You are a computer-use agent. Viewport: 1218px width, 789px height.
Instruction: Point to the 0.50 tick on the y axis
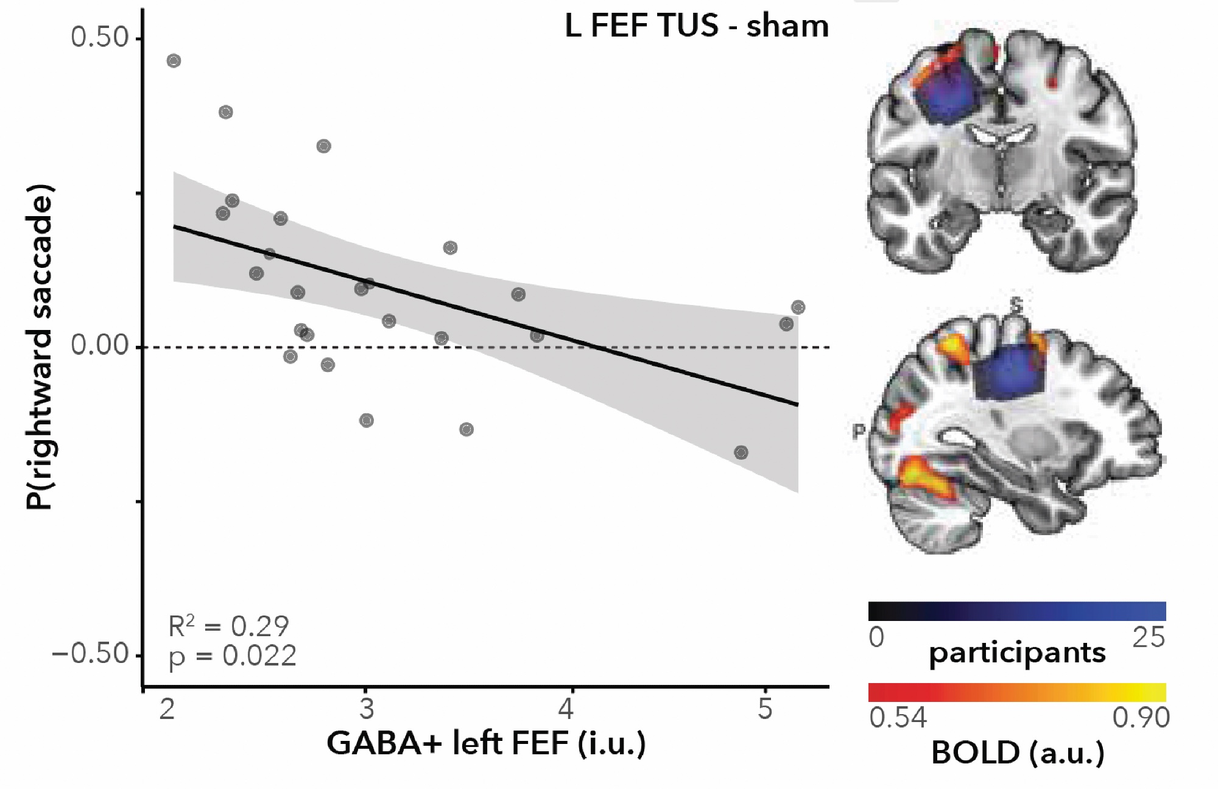pyautogui.click(x=99, y=38)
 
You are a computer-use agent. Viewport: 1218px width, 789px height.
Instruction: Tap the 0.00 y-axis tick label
pyautogui.click(x=99, y=346)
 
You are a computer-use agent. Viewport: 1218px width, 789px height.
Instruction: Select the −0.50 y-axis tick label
pyautogui.click(x=91, y=654)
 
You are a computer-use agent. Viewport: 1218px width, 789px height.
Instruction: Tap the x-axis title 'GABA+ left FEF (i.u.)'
pyautogui.click(x=486, y=743)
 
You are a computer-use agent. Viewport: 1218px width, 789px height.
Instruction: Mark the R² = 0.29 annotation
pyautogui.click(x=228, y=626)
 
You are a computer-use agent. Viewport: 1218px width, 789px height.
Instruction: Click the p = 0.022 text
pyautogui.click(x=232, y=656)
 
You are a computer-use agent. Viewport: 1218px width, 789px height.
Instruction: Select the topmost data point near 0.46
pyautogui.click(x=174, y=61)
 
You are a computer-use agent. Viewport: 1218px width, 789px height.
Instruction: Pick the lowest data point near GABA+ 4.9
pyautogui.click(x=741, y=452)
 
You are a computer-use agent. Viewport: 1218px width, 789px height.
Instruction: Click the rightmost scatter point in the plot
pyautogui.click(x=798, y=307)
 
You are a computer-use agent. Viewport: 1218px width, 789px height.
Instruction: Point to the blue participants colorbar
pyautogui.click(x=1017, y=611)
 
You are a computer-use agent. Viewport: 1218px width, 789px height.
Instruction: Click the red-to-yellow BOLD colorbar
pyautogui.click(x=1017, y=692)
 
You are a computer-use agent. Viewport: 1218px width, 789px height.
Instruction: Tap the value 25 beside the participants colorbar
pyautogui.click(x=1148, y=637)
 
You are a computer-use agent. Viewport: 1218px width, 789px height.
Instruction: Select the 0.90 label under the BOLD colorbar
pyautogui.click(x=1141, y=718)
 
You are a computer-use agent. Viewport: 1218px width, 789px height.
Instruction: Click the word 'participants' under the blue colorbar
pyautogui.click(x=1017, y=653)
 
